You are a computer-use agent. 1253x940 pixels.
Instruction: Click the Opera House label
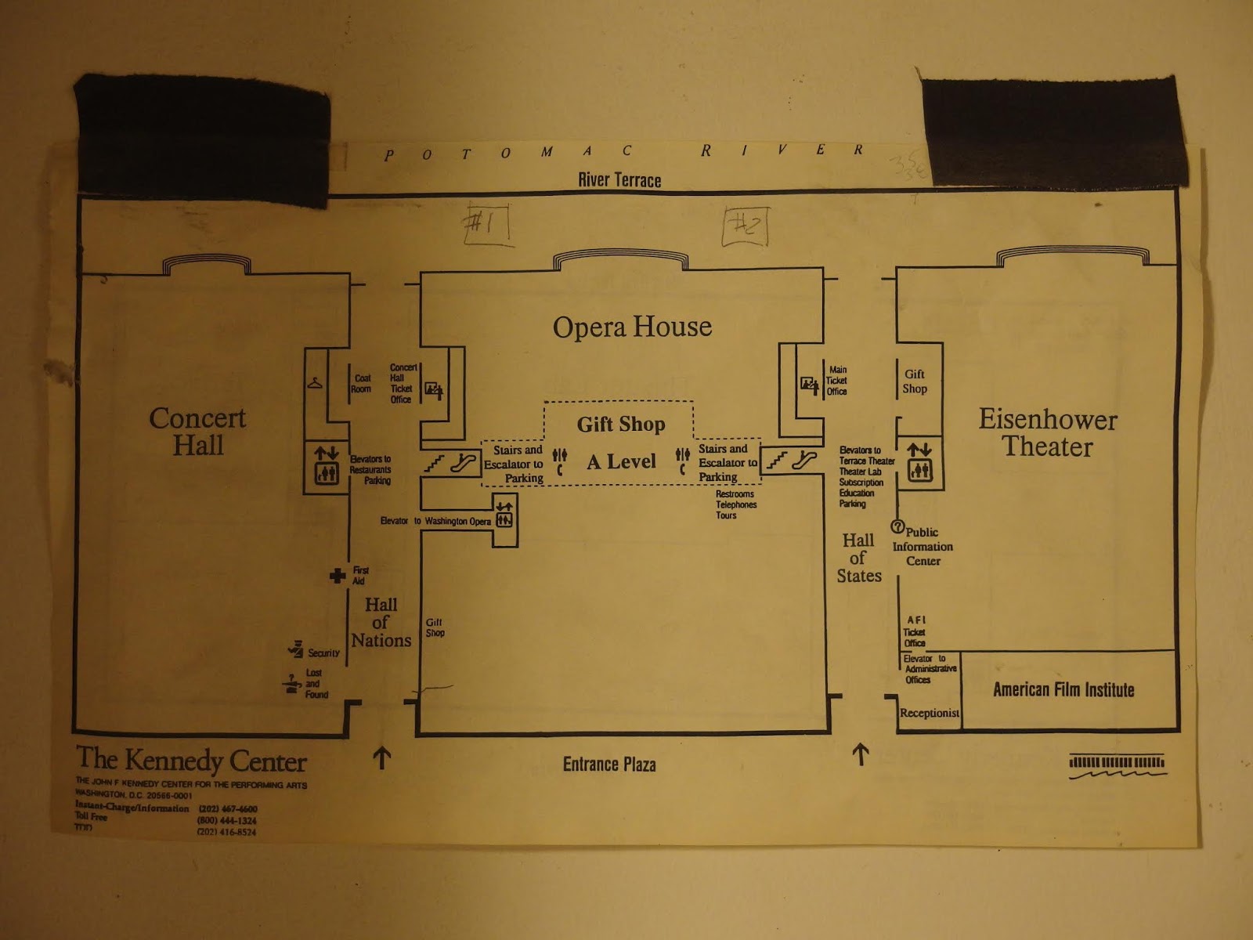[x=632, y=327]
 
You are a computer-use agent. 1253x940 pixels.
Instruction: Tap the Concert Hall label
[x=197, y=432]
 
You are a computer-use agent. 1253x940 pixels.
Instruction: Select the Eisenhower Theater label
[x=1047, y=432]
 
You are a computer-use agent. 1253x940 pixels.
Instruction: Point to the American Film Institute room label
[x=1063, y=690]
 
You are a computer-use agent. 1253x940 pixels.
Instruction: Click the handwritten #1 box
[x=487, y=224]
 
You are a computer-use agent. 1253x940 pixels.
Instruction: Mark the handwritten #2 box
[x=745, y=226]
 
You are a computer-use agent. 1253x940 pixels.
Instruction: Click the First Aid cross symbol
[x=338, y=576]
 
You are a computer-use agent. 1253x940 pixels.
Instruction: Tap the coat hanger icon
[x=315, y=384]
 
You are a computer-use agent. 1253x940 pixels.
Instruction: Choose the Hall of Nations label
[x=381, y=623]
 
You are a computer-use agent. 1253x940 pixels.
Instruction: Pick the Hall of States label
[x=858, y=558]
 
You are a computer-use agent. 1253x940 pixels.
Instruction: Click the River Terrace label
[x=619, y=180]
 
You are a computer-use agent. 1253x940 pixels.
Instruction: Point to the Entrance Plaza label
[x=609, y=765]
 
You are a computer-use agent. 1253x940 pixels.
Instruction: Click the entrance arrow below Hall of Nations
[x=381, y=757]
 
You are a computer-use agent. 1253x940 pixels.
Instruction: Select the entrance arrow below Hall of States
[x=861, y=754]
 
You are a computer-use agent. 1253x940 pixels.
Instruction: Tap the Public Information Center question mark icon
[x=897, y=527]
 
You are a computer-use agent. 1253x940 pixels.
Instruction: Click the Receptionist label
[x=929, y=713]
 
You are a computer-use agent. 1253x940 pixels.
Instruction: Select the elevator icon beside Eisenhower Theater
[x=919, y=470]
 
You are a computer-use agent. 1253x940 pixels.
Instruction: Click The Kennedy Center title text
[x=191, y=759]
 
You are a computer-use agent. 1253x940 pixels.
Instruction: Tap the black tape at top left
[x=202, y=137]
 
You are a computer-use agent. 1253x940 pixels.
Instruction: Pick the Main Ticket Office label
[x=836, y=381]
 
